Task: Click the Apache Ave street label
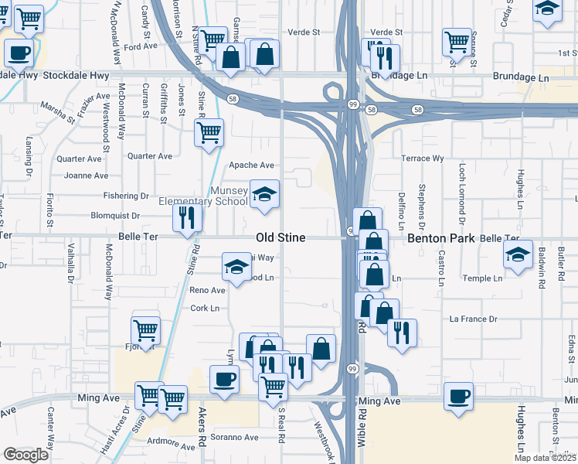[x=252, y=165]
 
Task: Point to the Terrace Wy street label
[x=423, y=159]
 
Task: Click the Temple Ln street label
[x=483, y=278]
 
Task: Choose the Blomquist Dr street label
[x=115, y=216]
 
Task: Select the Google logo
[x=25, y=455]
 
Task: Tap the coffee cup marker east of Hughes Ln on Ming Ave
[x=459, y=396]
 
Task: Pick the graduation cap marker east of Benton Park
[x=518, y=254]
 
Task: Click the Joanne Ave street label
[x=86, y=176]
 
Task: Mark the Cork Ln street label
[x=205, y=308]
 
